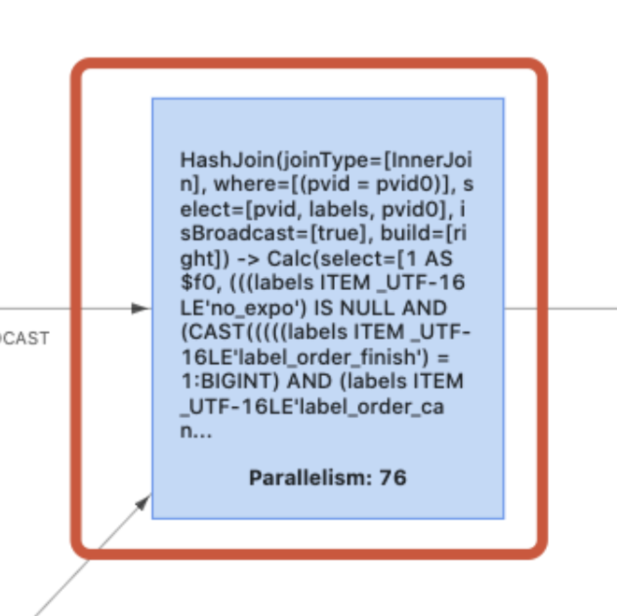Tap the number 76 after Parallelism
[392, 477]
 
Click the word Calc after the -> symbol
[291, 258]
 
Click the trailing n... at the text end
[196, 431]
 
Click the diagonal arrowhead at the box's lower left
[143, 502]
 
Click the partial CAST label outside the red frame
[24, 338]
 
